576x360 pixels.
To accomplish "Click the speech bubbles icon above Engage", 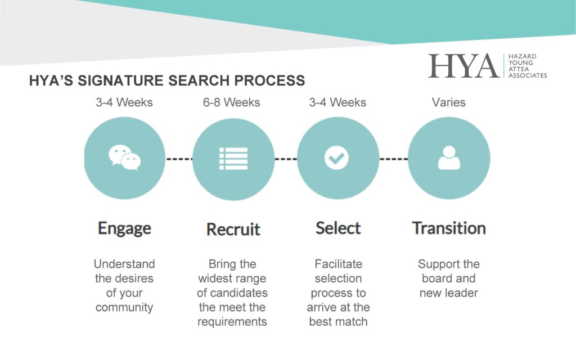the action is click(124, 157).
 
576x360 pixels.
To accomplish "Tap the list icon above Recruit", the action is click(233, 159).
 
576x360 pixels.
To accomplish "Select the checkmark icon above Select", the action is click(336, 158).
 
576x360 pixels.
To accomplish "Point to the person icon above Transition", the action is click(449, 158).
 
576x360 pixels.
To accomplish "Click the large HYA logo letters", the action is click(464, 66).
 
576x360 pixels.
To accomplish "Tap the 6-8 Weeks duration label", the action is click(231, 102).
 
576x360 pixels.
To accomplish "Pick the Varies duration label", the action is click(448, 102).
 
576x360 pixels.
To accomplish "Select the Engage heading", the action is click(124, 229).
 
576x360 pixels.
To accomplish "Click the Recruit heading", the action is click(233, 229).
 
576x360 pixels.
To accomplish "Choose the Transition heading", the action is click(449, 228).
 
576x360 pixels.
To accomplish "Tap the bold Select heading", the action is click(338, 228).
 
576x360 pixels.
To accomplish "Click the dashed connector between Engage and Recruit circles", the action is click(179, 159).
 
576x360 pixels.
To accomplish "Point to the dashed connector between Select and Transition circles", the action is click(394, 159).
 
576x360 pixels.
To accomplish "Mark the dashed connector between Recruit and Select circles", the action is click(286, 159).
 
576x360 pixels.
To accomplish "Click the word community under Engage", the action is click(124, 308).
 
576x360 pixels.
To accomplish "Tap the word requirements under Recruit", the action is click(232, 322).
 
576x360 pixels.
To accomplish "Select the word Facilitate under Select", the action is click(338, 264).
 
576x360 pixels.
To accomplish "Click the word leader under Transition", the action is click(461, 292).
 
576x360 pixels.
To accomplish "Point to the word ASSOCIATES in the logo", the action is click(528, 75).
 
